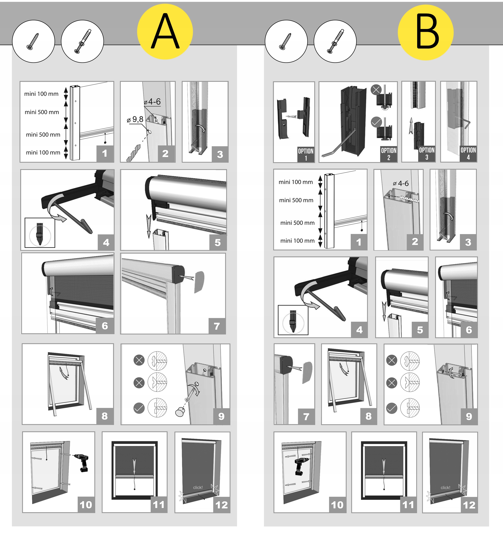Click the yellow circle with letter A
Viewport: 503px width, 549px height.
coord(165,32)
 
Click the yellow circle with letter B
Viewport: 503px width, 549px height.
coord(426,32)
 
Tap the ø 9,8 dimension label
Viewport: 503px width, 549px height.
coord(135,119)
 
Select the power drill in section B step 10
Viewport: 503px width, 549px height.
coord(301,466)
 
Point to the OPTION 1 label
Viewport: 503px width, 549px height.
coord(306,154)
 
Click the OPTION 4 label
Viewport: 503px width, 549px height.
coord(468,154)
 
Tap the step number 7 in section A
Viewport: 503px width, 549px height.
coord(217,326)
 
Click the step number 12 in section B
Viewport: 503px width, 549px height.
coord(469,505)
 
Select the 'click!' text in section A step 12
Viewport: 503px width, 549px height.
coord(198,488)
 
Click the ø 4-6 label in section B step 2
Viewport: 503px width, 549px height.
coord(401,184)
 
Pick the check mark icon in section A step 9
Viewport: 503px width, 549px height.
coord(139,408)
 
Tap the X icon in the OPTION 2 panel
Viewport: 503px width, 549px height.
coord(376,90)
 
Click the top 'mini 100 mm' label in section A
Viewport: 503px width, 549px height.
coord(41,94)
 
